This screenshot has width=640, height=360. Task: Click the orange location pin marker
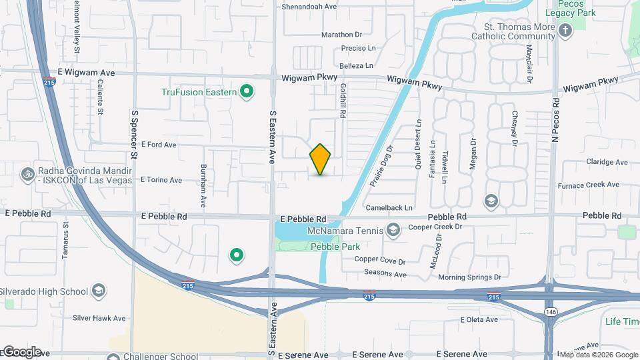point(320,159)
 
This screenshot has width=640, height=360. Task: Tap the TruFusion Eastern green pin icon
point(247,91)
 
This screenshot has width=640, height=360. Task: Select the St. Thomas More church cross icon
point(565,31)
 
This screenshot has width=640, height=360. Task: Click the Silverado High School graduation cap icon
point(99,291)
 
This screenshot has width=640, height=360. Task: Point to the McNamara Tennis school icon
point(393,231)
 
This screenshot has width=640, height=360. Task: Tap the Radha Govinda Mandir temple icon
point(28,173)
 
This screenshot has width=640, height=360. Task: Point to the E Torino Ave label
point(161,180)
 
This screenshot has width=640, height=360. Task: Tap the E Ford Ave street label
point(158,145)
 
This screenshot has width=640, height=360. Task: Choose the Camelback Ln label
point(393,207)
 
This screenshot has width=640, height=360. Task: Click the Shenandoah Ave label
point(310,6)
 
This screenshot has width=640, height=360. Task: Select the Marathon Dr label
point(341,35)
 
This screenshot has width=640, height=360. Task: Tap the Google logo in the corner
point(21,351)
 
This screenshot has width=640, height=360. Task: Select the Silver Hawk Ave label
point(99,319)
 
